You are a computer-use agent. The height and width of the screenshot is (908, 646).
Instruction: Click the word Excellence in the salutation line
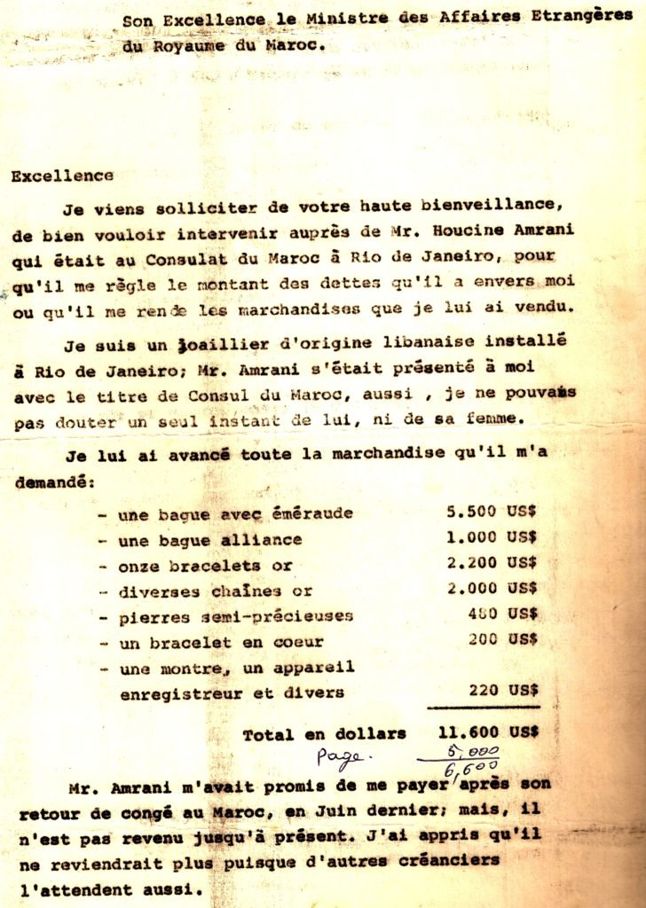(x=62, y=176)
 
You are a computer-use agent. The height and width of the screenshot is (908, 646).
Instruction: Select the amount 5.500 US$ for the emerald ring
(x=492, y=513)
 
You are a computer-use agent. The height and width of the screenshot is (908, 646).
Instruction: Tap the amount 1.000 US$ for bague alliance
(x=492, y=538)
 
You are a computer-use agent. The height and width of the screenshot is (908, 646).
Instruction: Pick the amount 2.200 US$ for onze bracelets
(x=492, y=564)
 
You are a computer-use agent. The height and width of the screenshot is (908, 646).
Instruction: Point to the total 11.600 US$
(x=488, y=733)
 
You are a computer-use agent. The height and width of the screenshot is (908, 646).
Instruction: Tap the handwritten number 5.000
(x=477, y=749)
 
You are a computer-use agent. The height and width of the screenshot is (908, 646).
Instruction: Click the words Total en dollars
(x=324, y=733)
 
